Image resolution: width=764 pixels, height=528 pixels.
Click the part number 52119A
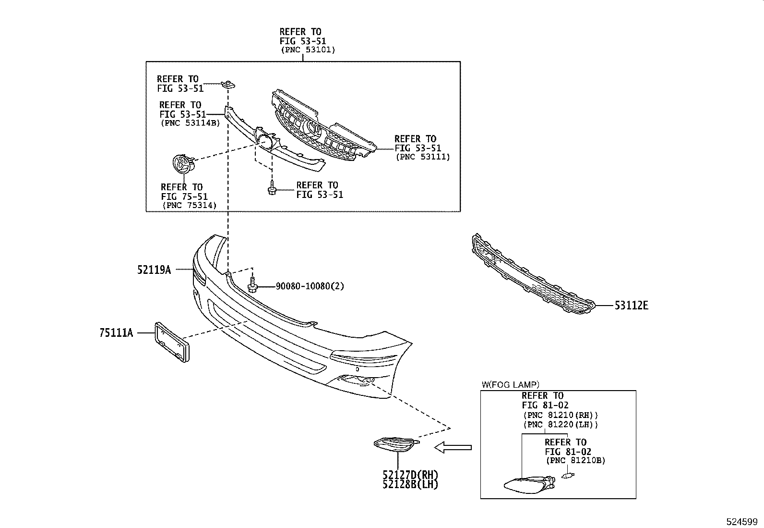154,270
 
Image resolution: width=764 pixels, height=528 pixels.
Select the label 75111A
116,332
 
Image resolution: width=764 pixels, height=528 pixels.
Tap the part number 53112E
631,305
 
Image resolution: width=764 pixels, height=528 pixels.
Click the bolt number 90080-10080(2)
310,286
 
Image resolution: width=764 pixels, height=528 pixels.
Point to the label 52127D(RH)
410,475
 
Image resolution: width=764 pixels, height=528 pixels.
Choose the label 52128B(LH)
410,484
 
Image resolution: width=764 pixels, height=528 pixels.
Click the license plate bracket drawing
171,342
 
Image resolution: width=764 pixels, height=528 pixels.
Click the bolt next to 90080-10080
253,285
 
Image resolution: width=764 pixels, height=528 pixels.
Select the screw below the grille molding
272,189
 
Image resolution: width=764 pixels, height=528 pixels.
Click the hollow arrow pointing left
453,448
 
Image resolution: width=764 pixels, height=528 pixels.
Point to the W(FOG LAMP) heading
510,384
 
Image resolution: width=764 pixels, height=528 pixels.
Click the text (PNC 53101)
308,50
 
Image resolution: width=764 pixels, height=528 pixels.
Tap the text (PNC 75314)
189,205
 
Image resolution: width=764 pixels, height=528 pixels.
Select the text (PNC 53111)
422,157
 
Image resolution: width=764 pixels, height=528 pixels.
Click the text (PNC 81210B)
575,460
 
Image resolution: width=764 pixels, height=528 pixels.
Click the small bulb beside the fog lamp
568,476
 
